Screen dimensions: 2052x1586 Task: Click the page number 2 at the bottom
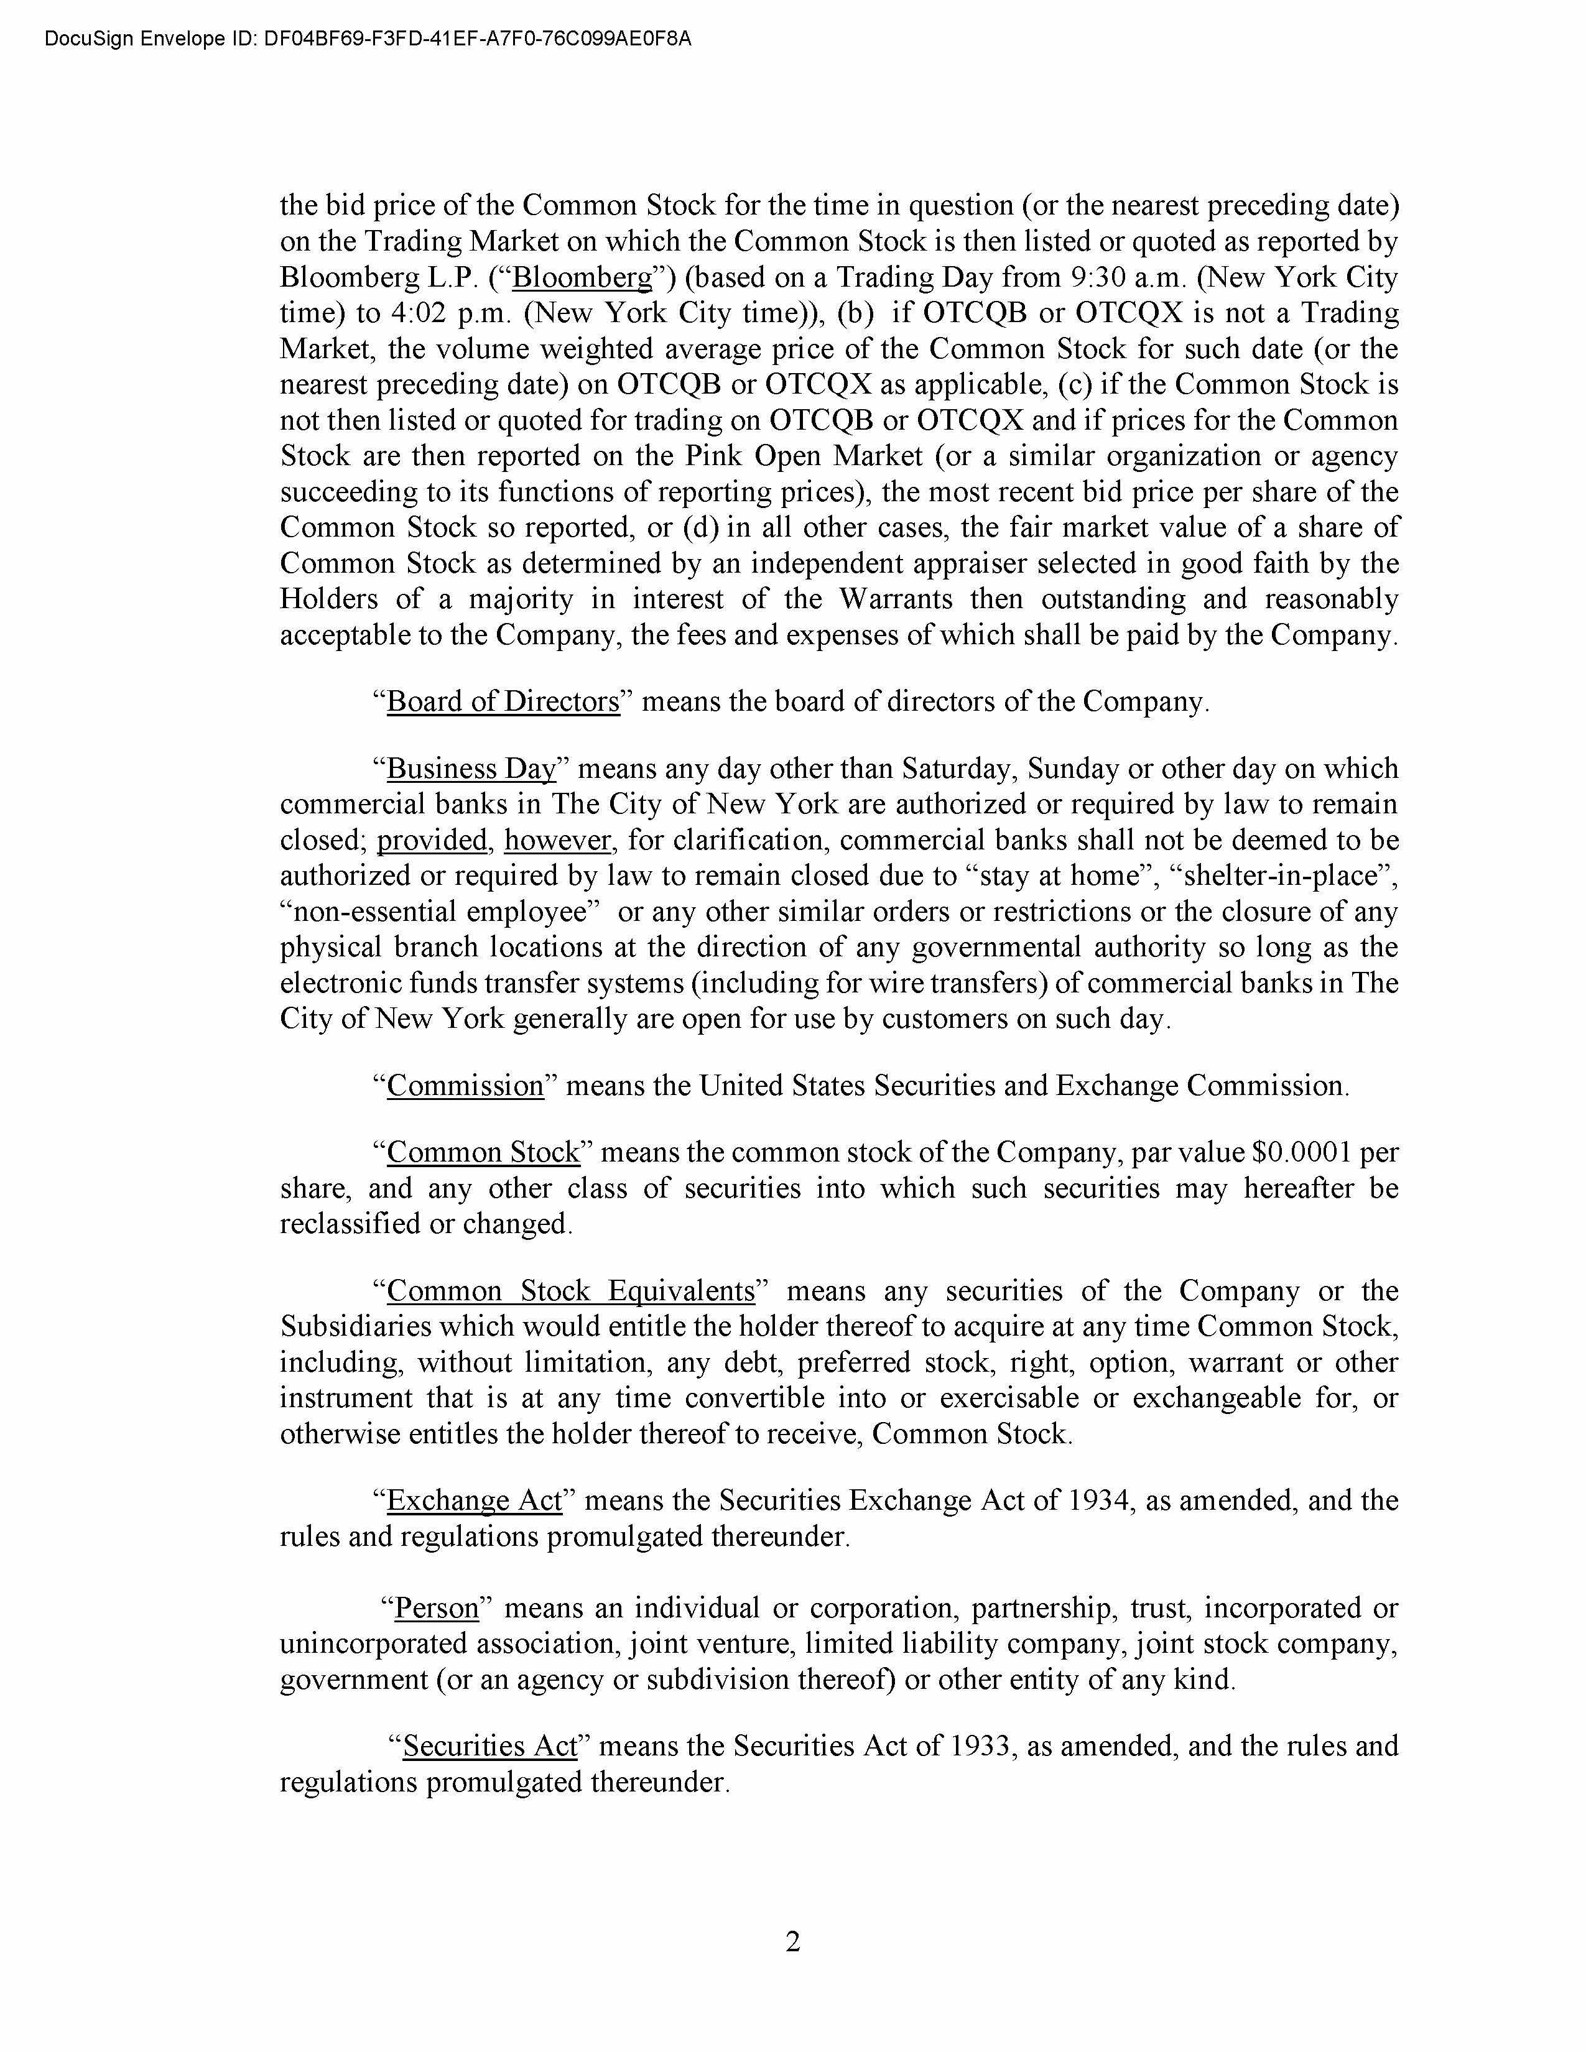click(x=792, y=1940)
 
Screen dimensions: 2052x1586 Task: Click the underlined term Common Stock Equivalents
click(x=571, y=1290)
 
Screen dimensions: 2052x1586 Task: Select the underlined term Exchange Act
click(x=475, y=1500)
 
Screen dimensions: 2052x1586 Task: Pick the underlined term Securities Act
click(x=489, y=1745)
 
